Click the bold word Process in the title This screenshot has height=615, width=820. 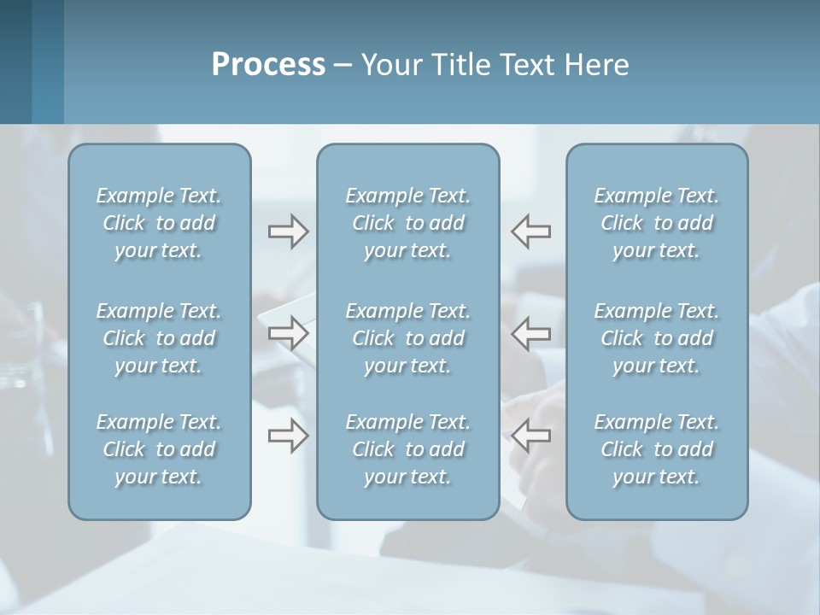click(x=268, y=65)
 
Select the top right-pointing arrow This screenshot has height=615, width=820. click(x=289, y=231)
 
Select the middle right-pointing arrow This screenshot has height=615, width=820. click(x=289, y=333)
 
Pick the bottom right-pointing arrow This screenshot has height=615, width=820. click(x=289, y=436)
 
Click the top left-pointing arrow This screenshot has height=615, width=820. click(x=531, y=231)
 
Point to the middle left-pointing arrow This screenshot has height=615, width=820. click(x=531, y=333)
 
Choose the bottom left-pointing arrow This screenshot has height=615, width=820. click(x=531, y=436)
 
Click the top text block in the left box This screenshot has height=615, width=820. click(x=159, y=223)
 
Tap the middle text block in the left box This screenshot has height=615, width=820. click(x=159, y=338)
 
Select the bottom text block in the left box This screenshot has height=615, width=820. click(x=159, y=449)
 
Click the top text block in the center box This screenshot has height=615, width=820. click(x=408, y=223)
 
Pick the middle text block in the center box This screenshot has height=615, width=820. click(x=408, y=338)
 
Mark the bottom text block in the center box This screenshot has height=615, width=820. click(x=408, y=449)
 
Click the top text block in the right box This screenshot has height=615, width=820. click(x=657, y=223)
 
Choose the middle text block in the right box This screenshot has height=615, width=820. click(x=657, y=338)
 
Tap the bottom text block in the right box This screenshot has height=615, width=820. click(x=657, y=449)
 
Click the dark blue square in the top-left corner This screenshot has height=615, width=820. click(x=15, y=61)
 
